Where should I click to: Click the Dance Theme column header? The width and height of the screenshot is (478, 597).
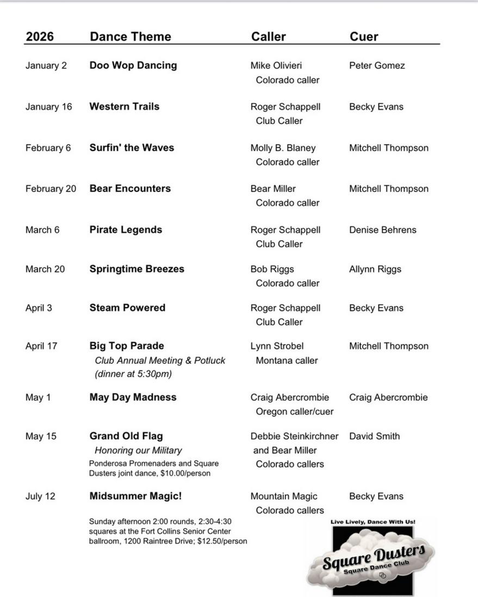[x=130, y=36]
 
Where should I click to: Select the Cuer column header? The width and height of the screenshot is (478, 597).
[x=364, y=36]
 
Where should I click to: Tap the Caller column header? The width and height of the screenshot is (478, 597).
[x=268, y=36]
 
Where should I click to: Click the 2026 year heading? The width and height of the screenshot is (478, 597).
[x=40, y=36]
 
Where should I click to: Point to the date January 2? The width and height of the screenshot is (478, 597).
[x=46, y=66]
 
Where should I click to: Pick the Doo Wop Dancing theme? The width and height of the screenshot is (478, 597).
[x=133, y=65]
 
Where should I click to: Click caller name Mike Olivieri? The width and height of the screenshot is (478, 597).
[x=276, y=66]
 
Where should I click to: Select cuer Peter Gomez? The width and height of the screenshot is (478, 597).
[x=377, y=66]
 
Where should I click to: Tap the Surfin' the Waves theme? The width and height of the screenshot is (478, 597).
[x=132, y=147]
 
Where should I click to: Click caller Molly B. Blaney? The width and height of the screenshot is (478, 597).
[x=283, y=148]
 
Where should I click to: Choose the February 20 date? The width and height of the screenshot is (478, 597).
[x=51, y=189]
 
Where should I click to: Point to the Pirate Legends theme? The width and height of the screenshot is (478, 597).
[x=126, y=229]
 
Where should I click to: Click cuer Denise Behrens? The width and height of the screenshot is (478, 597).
[x=382, y=230]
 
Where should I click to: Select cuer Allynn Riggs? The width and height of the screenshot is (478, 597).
[x=375, y=269]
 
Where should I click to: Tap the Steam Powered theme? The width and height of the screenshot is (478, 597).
[x=127, y=308]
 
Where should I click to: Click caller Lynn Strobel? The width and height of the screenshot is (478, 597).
[x=277, y=346]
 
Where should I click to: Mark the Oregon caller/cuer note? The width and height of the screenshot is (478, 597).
[x=295, y=412]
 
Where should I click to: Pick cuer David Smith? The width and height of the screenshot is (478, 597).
[x=374, y=436]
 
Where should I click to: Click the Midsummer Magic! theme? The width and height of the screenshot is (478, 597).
[x=135, y=496]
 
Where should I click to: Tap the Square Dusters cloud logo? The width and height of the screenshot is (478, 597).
[x=373, y=558]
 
